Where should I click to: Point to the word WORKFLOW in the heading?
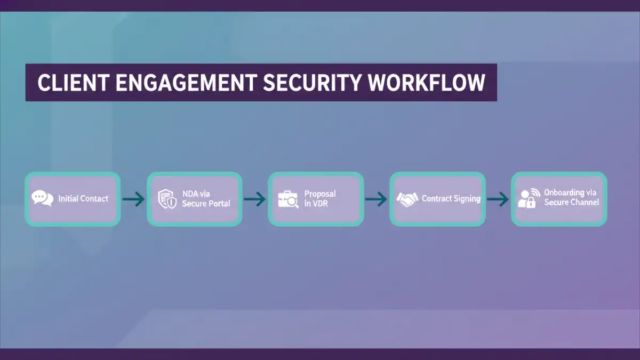tap(427, 83)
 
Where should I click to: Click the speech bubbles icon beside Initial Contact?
tap(43, 198)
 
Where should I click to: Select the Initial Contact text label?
tap(83, 198)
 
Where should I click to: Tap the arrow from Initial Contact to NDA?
tap(133, 199)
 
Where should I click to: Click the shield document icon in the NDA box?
tap(166, 198)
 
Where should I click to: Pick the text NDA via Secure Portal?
tap(206, 198)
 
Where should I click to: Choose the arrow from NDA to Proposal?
tap(255, 199)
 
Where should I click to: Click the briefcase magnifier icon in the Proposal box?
tap(288, 199)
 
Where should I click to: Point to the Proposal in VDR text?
tap(320, 198)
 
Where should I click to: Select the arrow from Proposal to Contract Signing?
tap(377, 199)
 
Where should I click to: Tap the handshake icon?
tap(407, 199)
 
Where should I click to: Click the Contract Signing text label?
tap(451, 198)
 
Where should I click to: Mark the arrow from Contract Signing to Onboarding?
tap(498, 199)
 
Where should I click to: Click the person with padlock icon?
tap(528, 198)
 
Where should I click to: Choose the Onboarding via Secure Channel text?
tap(571, 197)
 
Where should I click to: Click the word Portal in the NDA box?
tap(219, 204)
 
